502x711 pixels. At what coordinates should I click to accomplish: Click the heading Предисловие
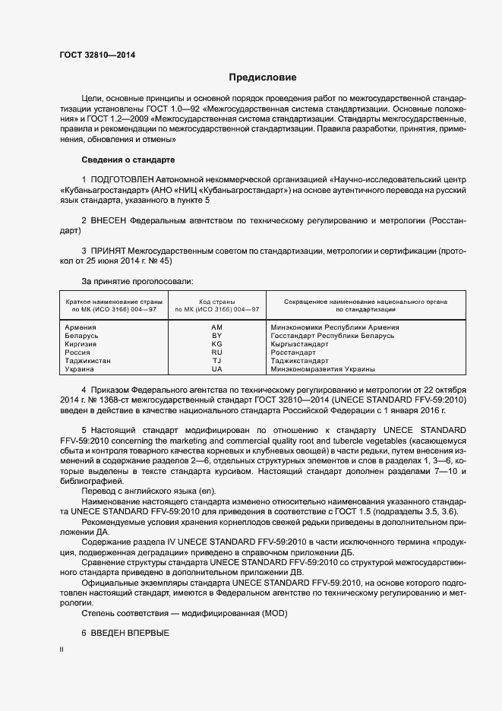pyautogui.click(x=263, y=77)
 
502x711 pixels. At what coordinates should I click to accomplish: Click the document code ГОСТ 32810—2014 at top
pyautogui.click(x=98, y=55)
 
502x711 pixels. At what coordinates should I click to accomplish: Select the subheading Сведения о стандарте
pyautogui.click(x=128, y=160)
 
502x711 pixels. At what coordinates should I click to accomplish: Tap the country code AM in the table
pyautogui.click(x=216, y=327)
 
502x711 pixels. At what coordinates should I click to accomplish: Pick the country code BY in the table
pyautogui.click(x=216, y=336)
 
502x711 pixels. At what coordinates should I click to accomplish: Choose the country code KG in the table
pyautogui.click(x=216, y=344)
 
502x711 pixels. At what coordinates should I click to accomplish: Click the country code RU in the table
pyautogui.click(x=216, y=352)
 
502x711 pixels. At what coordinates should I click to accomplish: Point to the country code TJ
pyautogui.click(x=216, y=361)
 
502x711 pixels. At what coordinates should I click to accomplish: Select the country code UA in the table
pyautogui.click(x=216, y=369)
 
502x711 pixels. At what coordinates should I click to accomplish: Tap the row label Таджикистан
pyautogui.click(x=89, y=361)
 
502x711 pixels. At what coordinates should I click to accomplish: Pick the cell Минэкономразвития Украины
pyautogui.click(x=323, y=369)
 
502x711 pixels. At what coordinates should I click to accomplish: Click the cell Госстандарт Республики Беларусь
pyautogui.click(x=333, y=336)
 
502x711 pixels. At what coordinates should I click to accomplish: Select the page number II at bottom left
pyautogui.click(x=62, y=650)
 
